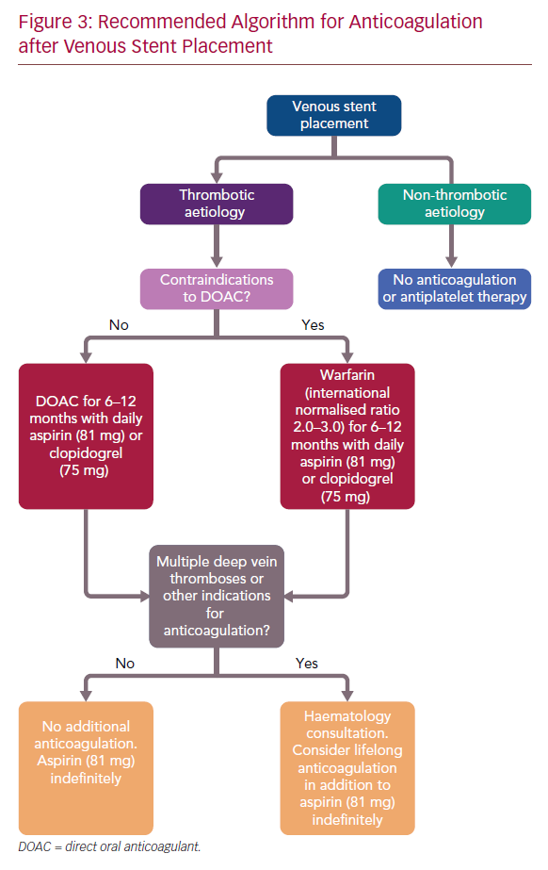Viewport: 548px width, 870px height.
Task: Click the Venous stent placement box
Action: click(x=333, y=115)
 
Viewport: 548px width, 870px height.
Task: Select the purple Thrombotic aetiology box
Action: click(x=217, y=204)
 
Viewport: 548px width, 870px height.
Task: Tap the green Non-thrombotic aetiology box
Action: click(x=455, y=204)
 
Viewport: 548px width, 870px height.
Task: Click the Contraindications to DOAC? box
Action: click(x=217, y=288)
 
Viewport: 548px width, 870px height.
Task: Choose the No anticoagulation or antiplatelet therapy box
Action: click(x=455, y=288)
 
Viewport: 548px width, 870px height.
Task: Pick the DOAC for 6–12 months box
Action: click(x=86, y=436)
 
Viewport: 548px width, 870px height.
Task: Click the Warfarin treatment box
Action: click(x=347, y=436)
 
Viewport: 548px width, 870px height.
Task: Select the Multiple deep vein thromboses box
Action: click(x=217, y=596)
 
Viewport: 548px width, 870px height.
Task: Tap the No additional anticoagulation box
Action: click(x=86, y=768)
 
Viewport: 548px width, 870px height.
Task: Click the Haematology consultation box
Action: click(x=347, y=768)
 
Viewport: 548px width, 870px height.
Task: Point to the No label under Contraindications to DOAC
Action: click(x=119, y=325)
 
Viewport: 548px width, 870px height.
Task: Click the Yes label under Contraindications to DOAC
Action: click(x=313, y=325)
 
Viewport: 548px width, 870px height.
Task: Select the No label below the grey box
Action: click(x=124, y=664)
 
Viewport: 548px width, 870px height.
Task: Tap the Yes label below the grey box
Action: click(x=307, y=664)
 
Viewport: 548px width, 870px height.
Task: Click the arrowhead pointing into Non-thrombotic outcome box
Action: click(x=452, y=261)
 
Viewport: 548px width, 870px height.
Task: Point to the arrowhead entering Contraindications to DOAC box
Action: click(x=217, y=261)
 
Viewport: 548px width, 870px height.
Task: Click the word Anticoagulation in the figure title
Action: click(x=416, y=22)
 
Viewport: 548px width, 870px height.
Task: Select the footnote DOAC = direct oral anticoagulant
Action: click(x=110, y=846)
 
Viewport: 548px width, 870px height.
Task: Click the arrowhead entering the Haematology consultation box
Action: click(x=347, y=696)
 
